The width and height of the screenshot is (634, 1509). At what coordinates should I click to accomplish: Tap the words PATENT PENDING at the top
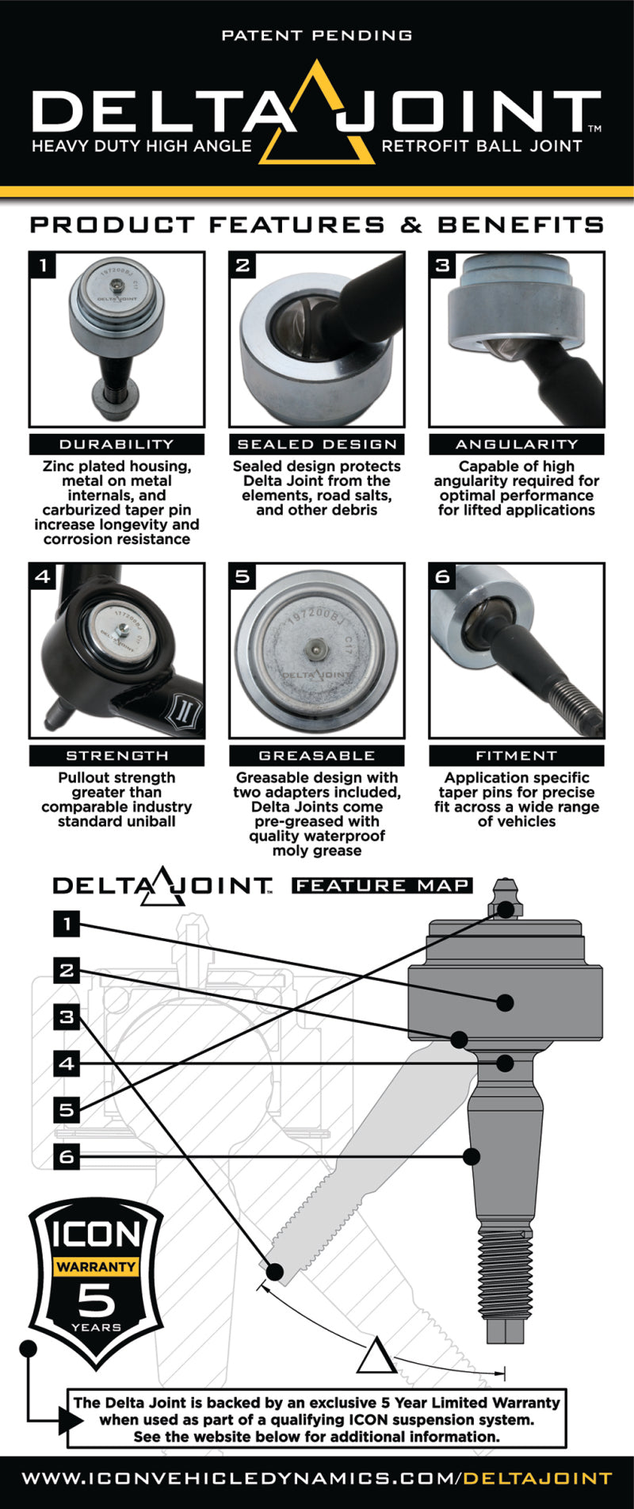coord(317,36)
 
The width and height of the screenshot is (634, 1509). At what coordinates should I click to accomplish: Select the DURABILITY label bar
coord(116,444)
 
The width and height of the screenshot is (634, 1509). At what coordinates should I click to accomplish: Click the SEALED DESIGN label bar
coord(316,444)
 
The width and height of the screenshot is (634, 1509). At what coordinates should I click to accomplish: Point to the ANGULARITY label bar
coord(516,444)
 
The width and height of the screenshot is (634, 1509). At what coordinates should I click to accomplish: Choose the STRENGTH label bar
coord(116,756)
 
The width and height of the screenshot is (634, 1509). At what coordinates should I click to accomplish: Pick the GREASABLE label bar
coord(316,756)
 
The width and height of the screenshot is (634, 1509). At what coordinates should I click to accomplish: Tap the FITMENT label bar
coord(516,756)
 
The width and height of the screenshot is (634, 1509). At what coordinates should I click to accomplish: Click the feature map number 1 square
coord(67,924)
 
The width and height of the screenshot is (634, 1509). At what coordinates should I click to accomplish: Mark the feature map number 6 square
coord(67,1156)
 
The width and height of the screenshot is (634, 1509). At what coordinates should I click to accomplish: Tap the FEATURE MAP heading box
coord(382,885)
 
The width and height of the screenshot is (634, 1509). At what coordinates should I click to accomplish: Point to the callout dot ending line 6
coord(472,1156)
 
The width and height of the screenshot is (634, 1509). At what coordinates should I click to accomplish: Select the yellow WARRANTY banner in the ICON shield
coord(96,1266)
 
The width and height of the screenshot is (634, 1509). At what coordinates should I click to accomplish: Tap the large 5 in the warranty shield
coord(96,1300)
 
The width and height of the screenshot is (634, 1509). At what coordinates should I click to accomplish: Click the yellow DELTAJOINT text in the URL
coord(538,1479)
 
